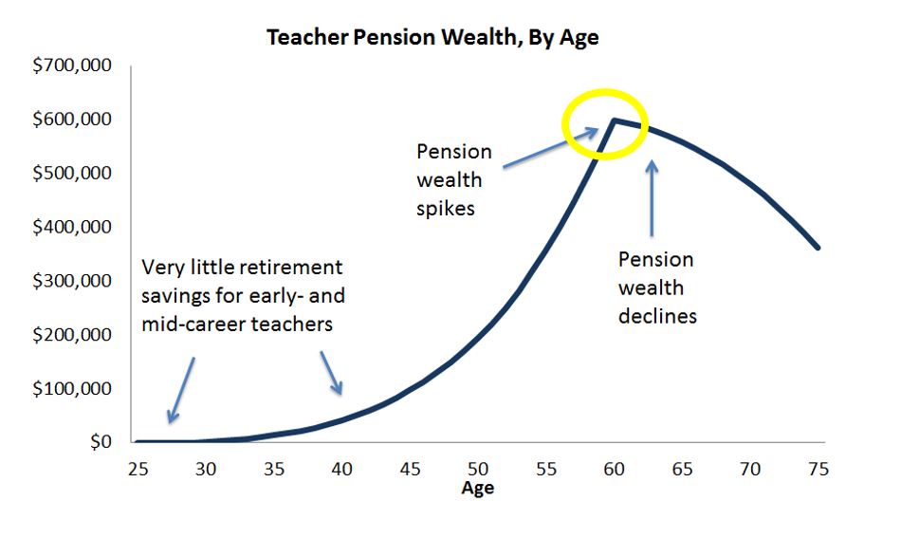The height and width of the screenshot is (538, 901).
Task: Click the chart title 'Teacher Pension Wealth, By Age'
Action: point(432,37)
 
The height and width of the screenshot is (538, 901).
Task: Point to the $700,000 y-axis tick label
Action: point(72,65)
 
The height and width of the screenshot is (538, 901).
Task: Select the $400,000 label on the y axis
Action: point(72,227)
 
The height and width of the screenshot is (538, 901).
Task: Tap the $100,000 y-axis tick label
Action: point(72,389)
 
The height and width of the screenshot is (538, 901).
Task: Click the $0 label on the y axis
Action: point(101,441)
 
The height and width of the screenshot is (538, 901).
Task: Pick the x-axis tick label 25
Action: point(138,469)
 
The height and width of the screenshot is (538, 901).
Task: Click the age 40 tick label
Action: point(341,469)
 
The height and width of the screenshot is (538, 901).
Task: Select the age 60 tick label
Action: point(615,469)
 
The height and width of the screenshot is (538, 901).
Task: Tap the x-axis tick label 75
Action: point(818,469)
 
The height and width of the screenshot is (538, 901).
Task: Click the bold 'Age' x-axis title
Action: point(477,488)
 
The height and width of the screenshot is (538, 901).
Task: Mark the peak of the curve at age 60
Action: point(614,120)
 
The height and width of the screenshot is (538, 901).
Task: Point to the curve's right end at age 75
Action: point(818,249)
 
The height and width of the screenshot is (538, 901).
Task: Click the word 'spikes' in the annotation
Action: point(446,209)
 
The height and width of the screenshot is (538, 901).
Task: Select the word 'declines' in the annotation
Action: point(658,316)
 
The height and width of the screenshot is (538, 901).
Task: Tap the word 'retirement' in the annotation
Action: point(291,268)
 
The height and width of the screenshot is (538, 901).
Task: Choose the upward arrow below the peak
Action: point(652,198)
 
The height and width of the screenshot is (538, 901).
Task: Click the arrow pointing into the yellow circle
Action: point(550,148)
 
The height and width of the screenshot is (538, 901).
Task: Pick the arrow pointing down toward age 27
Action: point(181,390)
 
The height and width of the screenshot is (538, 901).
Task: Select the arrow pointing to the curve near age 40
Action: point(332,373)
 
